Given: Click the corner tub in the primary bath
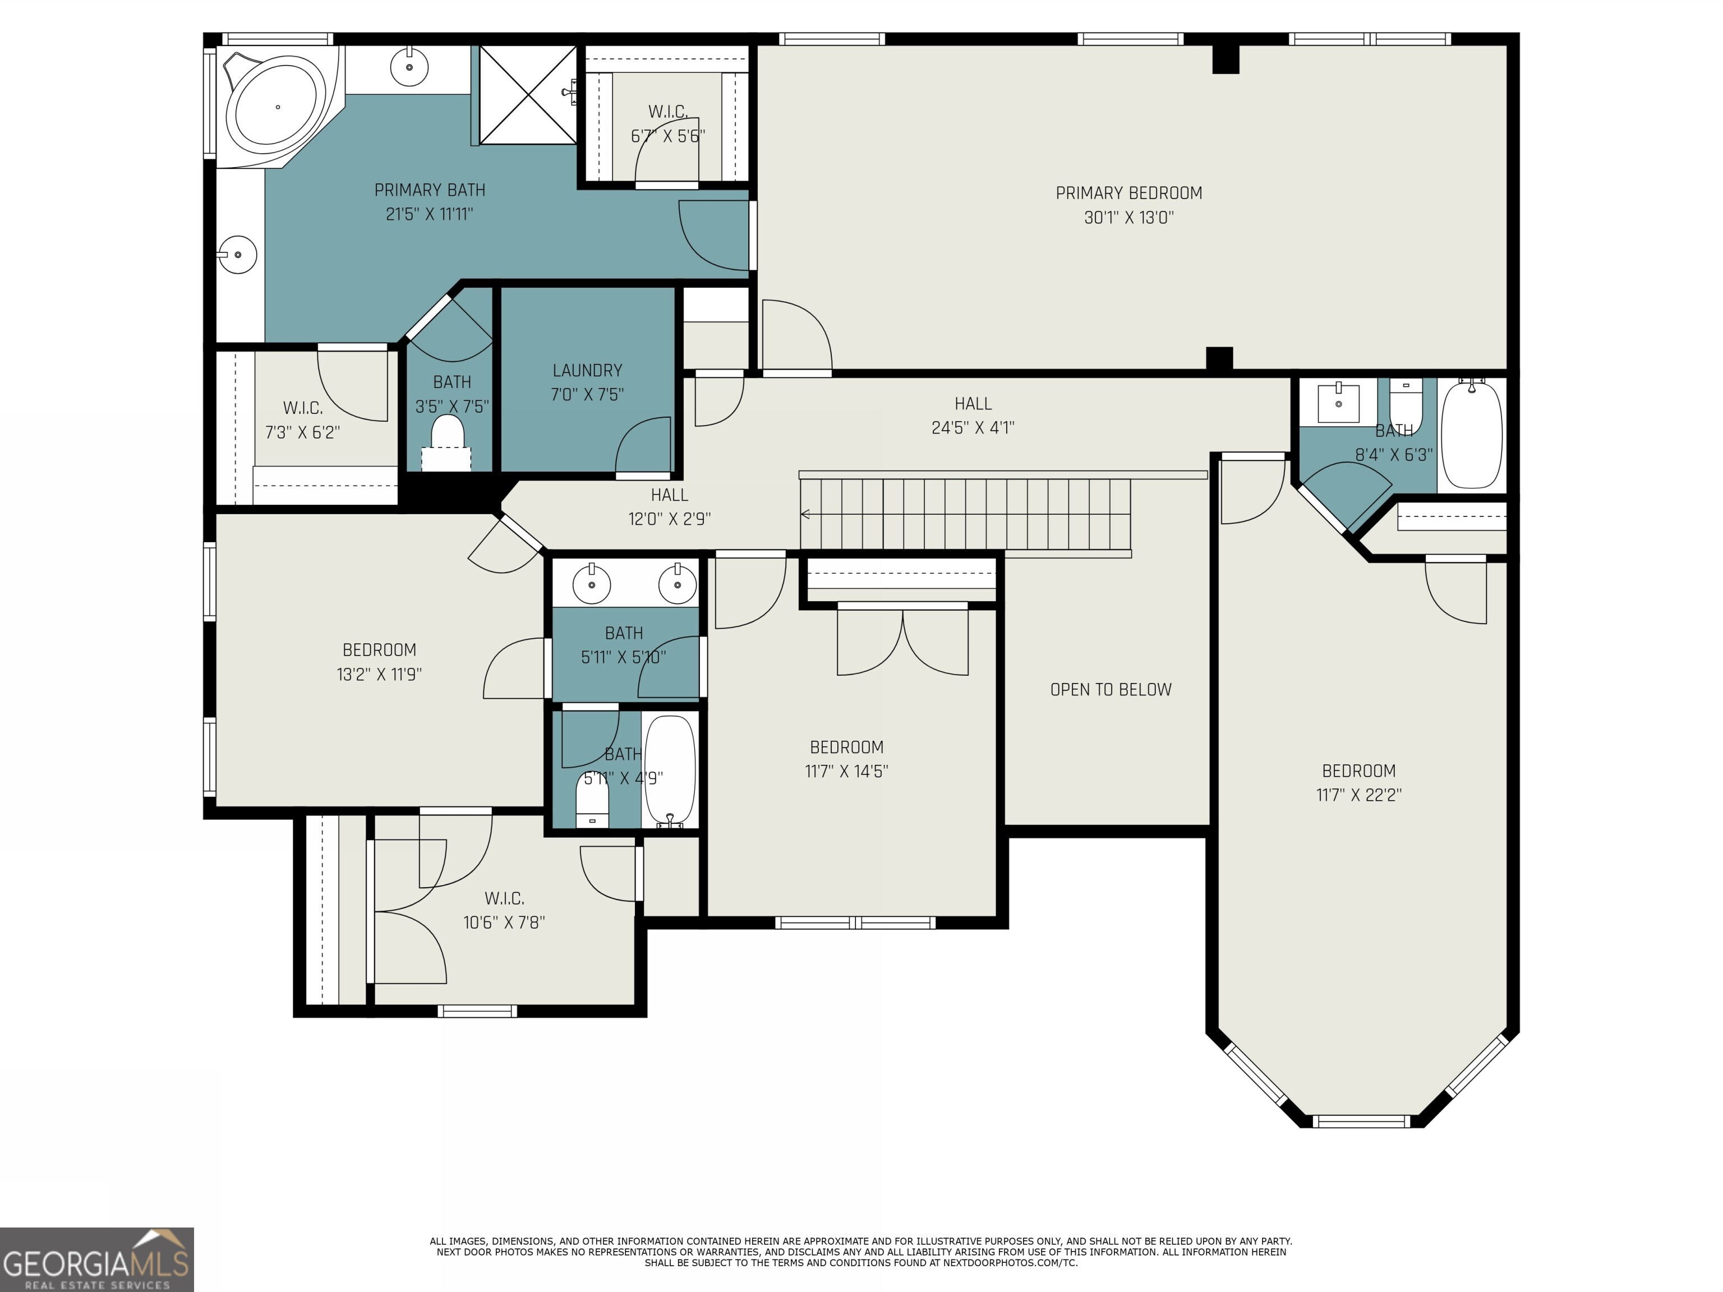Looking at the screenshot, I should click(x=277, y=106).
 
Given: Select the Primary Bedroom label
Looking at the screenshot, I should click(x=1128, y=192).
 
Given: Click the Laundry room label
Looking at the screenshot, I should click(x=587, y=371).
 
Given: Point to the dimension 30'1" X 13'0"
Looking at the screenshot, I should click(x=1128, y=217).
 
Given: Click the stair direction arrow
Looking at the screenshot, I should click(x=805, y=514).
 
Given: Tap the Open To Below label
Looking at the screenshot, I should click(x=1110, y=689).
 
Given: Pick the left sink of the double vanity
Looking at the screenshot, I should click(x=591, y=583).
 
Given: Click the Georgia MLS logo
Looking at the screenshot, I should click(x=96, y=1259).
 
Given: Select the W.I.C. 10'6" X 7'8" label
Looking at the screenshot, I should click(x=504, y=910).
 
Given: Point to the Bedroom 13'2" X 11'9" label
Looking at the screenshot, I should click(x=379, y=661).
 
